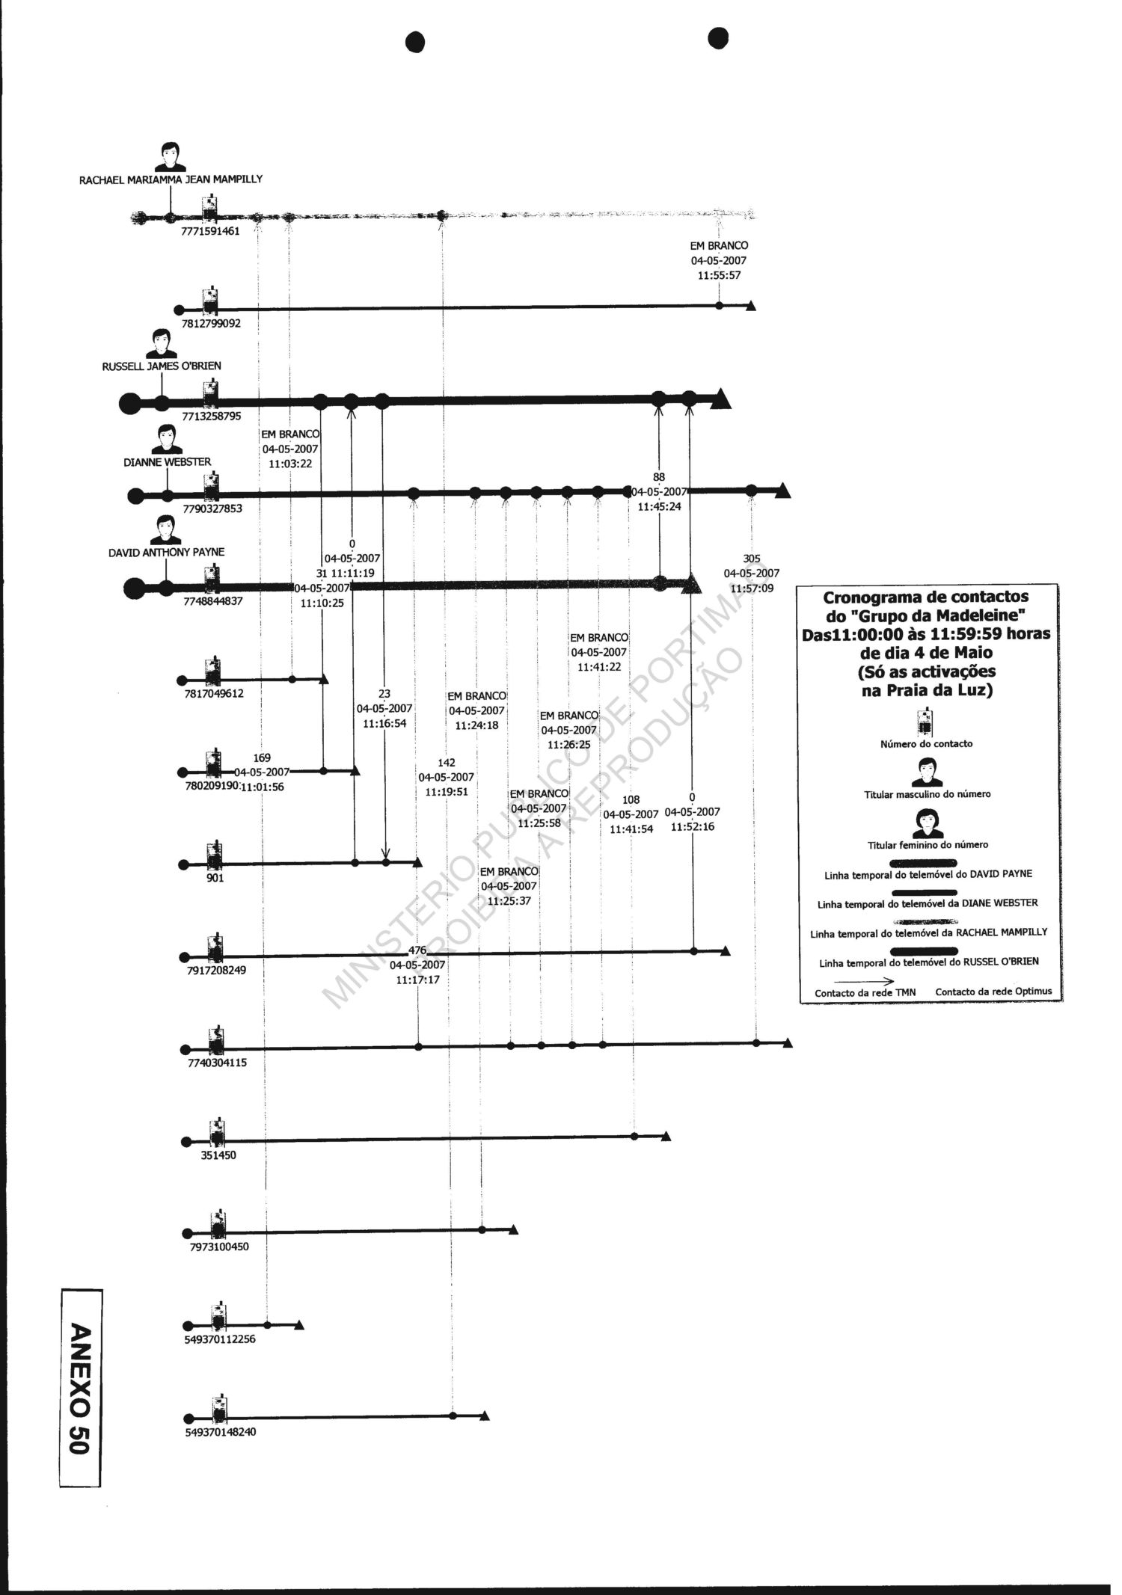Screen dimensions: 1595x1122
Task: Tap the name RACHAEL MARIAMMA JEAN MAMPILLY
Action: point(171,179)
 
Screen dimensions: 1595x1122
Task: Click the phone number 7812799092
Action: point(212,324)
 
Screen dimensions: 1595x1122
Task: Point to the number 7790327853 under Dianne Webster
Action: point(213,508)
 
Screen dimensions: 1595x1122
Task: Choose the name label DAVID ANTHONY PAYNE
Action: point(166,553)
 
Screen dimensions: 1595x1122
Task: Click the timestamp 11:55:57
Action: point(719,275)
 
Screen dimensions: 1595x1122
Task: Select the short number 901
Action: point(215,878)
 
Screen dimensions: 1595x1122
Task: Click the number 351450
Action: point(217,1155)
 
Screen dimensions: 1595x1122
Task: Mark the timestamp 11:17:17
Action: point(417,980)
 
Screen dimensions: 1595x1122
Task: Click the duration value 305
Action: point(752,559)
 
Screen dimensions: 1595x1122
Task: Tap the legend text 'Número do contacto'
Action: point(926,744)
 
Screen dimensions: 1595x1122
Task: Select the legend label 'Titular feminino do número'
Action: point(928,845)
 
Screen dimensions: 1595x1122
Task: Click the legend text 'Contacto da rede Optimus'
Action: point(993,992)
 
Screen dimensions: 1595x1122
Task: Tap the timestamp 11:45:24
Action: point(659,506)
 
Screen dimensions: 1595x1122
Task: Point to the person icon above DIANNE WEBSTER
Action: point(166,440)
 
